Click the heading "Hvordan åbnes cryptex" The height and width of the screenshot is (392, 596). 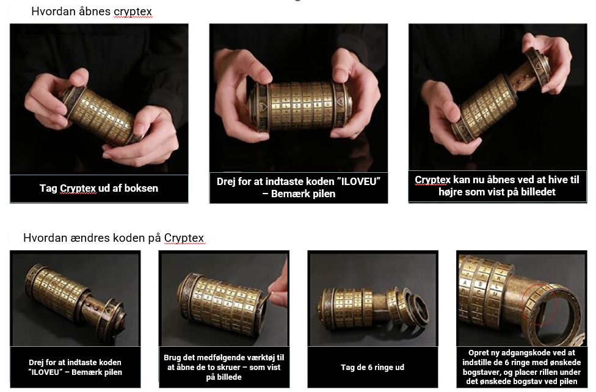pyautogui.click(x=92, y=12)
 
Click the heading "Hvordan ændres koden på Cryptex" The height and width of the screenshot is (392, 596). pyautogui.click(x=114, y=238)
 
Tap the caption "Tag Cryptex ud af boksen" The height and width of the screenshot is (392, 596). pyautogui.click(x=99, y=188)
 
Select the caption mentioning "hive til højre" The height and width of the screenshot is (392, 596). pyautogui.click(x=496, y=186)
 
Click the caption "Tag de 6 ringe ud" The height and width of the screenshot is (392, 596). pyautogui.click(x=372, y=367)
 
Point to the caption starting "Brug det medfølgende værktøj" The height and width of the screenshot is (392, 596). pyautogui.click(x=223, y=367)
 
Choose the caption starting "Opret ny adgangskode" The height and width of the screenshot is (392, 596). pyautogui.click(x=521, y=367)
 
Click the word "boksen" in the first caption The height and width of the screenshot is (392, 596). pyautogui.click(x=142, y=188)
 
